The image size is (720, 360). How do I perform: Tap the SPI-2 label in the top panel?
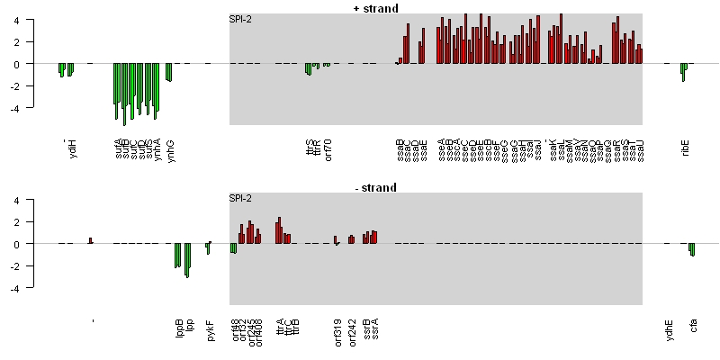[x=240, y=19]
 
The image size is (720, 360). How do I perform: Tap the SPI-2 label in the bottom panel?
[x=240, y=198]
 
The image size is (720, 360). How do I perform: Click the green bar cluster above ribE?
[x=684, y=71]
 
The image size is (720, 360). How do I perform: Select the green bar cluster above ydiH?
[x=66, y=69]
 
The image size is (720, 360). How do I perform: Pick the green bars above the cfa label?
[x=692, y=249]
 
